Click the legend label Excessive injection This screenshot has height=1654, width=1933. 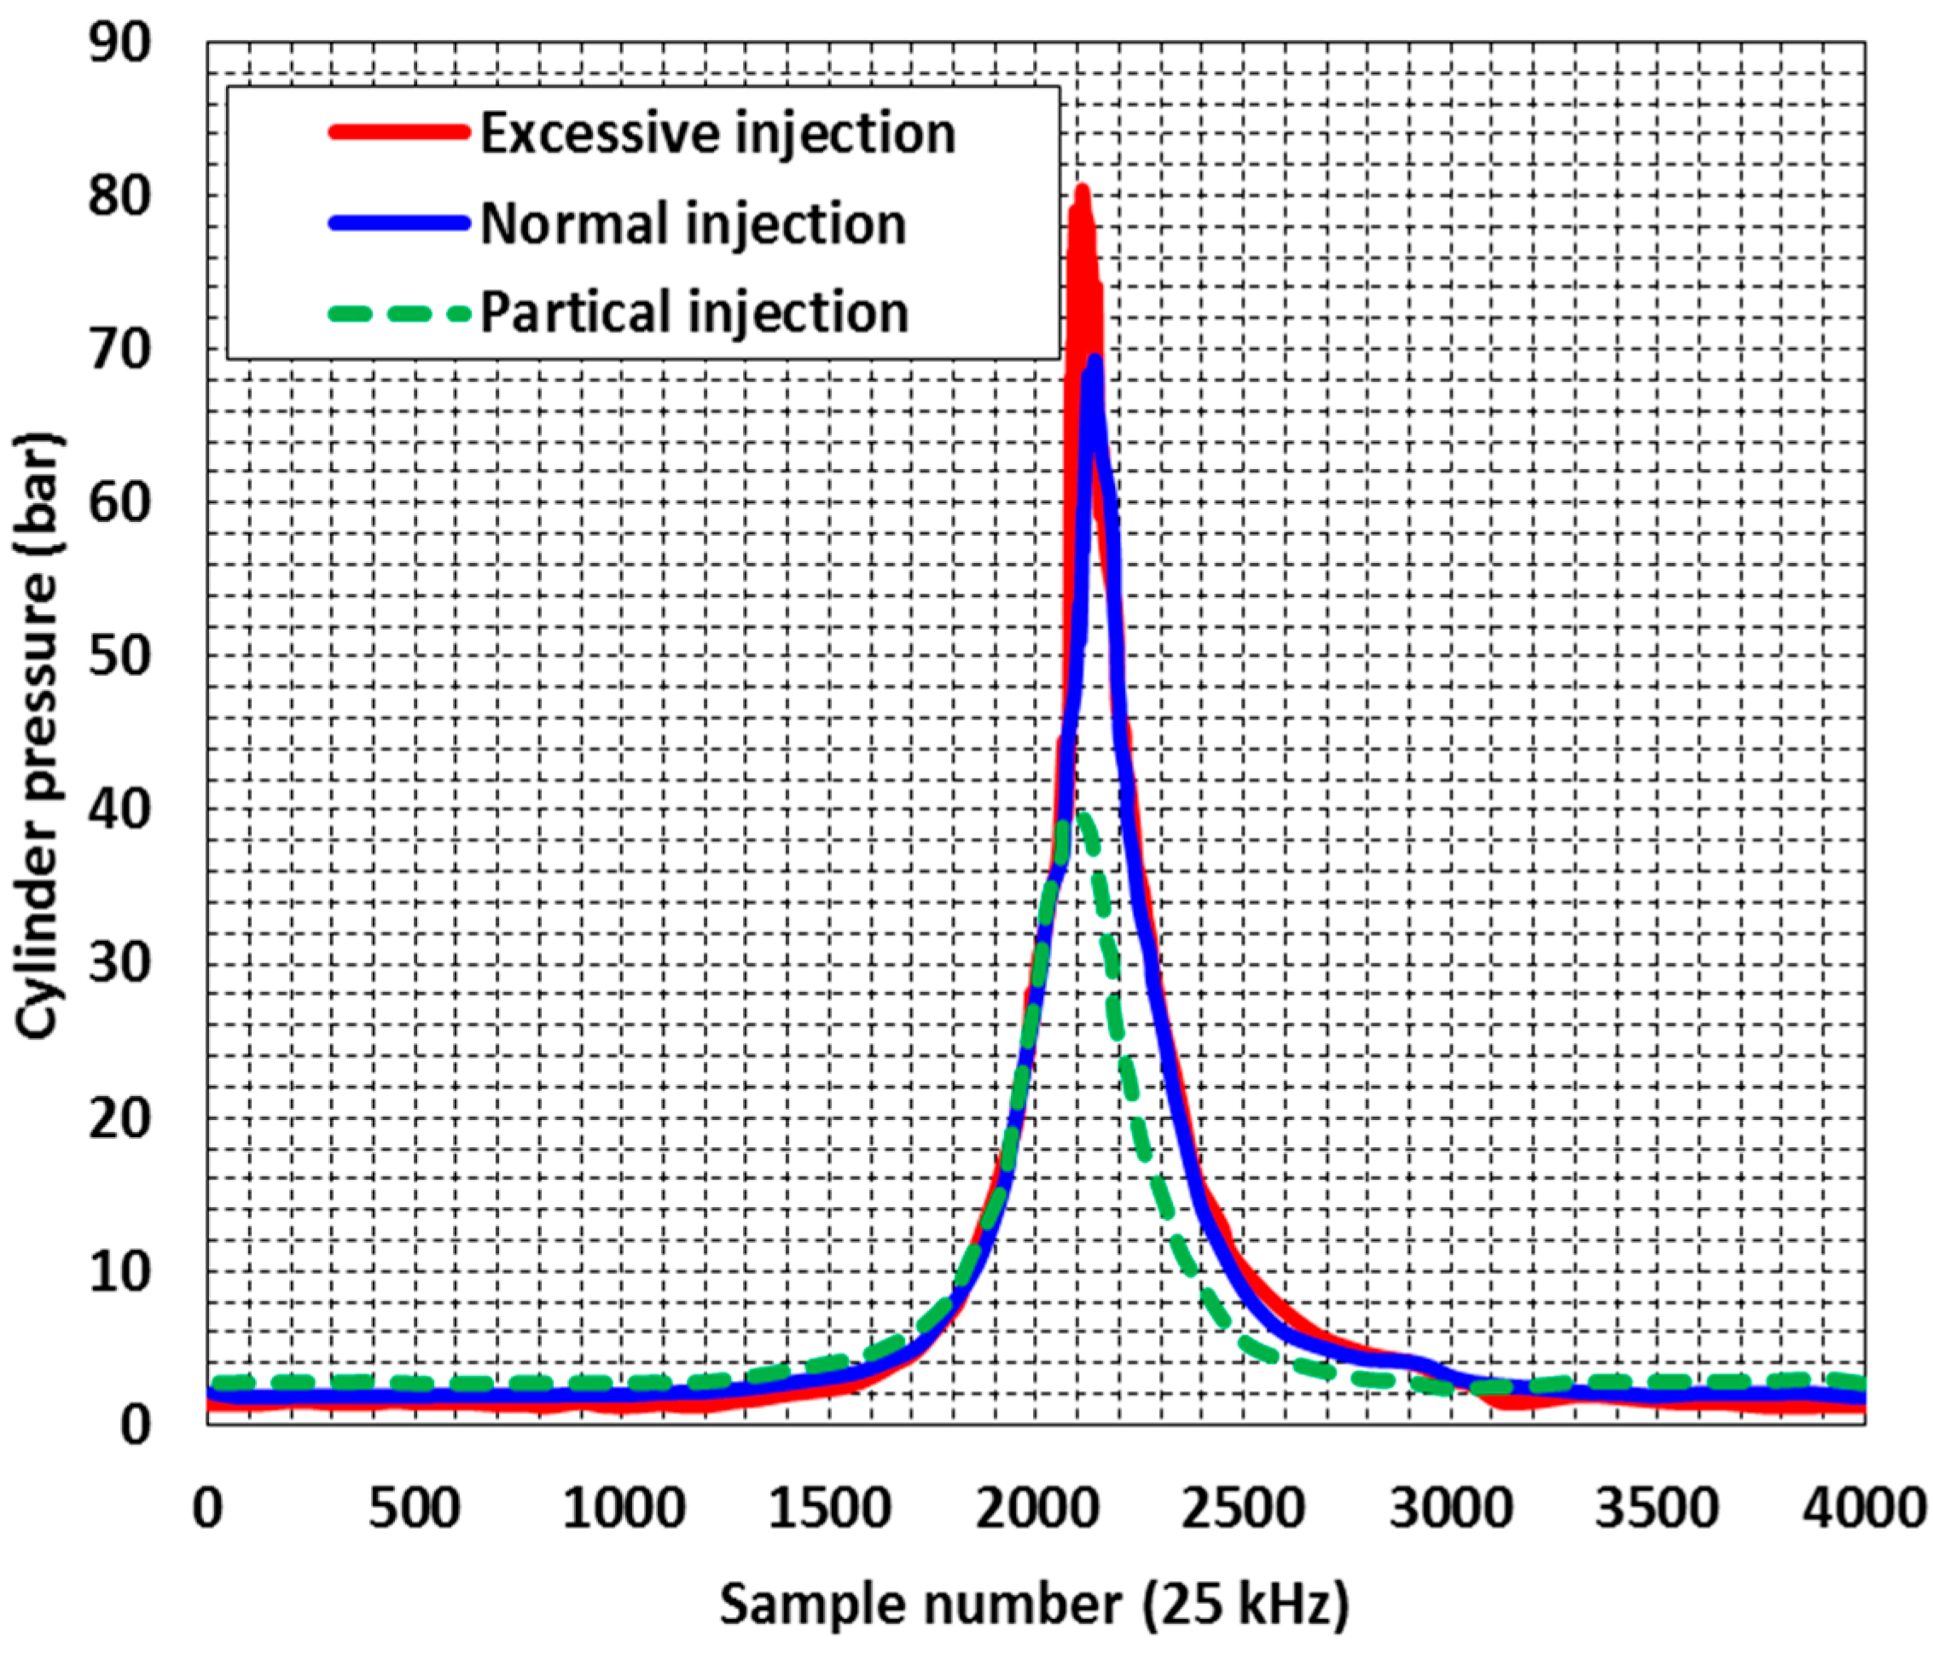point(718,133)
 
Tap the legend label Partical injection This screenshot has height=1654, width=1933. point(694,311)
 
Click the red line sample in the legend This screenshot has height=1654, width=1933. point(398,132)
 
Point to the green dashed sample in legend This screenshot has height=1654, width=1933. point(398,313)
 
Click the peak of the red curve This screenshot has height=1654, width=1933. point(1083,190)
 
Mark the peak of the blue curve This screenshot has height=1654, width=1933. point(1094,362)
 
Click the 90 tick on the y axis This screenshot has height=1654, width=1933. point(119,43)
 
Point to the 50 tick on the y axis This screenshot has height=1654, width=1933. point(119,656)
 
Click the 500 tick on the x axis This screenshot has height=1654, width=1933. point(415,1508)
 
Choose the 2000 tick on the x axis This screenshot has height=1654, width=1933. point(1036,1508)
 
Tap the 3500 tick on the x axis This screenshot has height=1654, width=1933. point(1657,1508)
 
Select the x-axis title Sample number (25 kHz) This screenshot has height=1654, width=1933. point(1035,1605)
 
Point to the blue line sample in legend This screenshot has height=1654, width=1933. point(398,223)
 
